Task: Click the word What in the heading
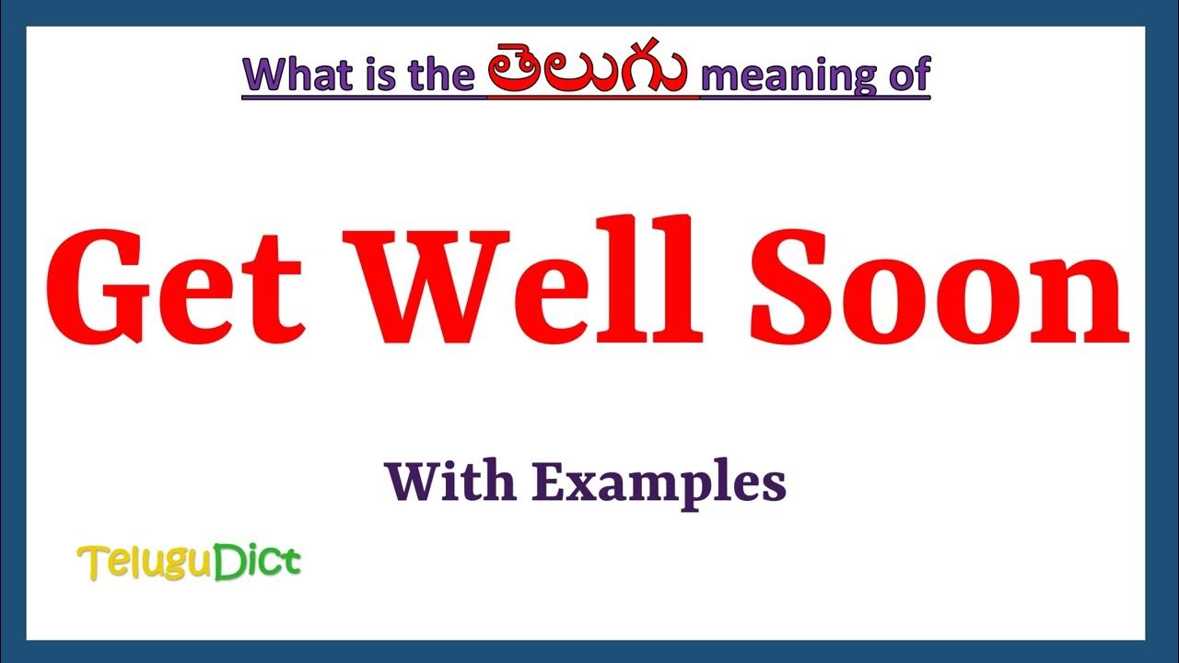[x=292, y=74]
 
